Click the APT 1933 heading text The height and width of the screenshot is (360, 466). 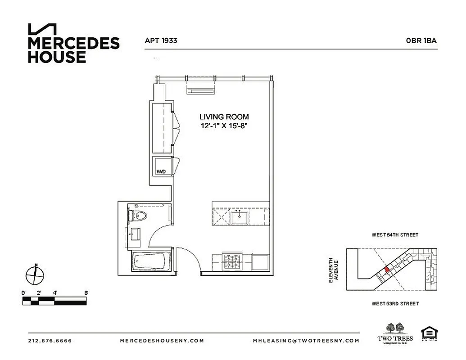click(161, 40)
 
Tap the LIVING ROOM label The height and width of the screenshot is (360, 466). click(225, 117)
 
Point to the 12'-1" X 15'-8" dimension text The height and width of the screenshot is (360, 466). click(225, 126)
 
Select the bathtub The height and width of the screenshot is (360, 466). click(151, 261)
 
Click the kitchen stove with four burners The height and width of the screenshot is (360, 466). click(233, 261)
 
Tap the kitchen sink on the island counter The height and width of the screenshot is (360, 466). click(240, 218)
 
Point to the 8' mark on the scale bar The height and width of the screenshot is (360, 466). click(86, 293)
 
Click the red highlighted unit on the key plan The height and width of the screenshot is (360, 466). click(386, 270)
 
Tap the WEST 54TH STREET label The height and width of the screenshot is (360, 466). click(395, 235)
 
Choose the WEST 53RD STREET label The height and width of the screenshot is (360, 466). click(395, 304)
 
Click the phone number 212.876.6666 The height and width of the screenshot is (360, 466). click(50, 341)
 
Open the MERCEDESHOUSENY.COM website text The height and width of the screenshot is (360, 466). click(162, 341)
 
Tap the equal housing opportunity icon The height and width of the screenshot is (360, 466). click(427, 333)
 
